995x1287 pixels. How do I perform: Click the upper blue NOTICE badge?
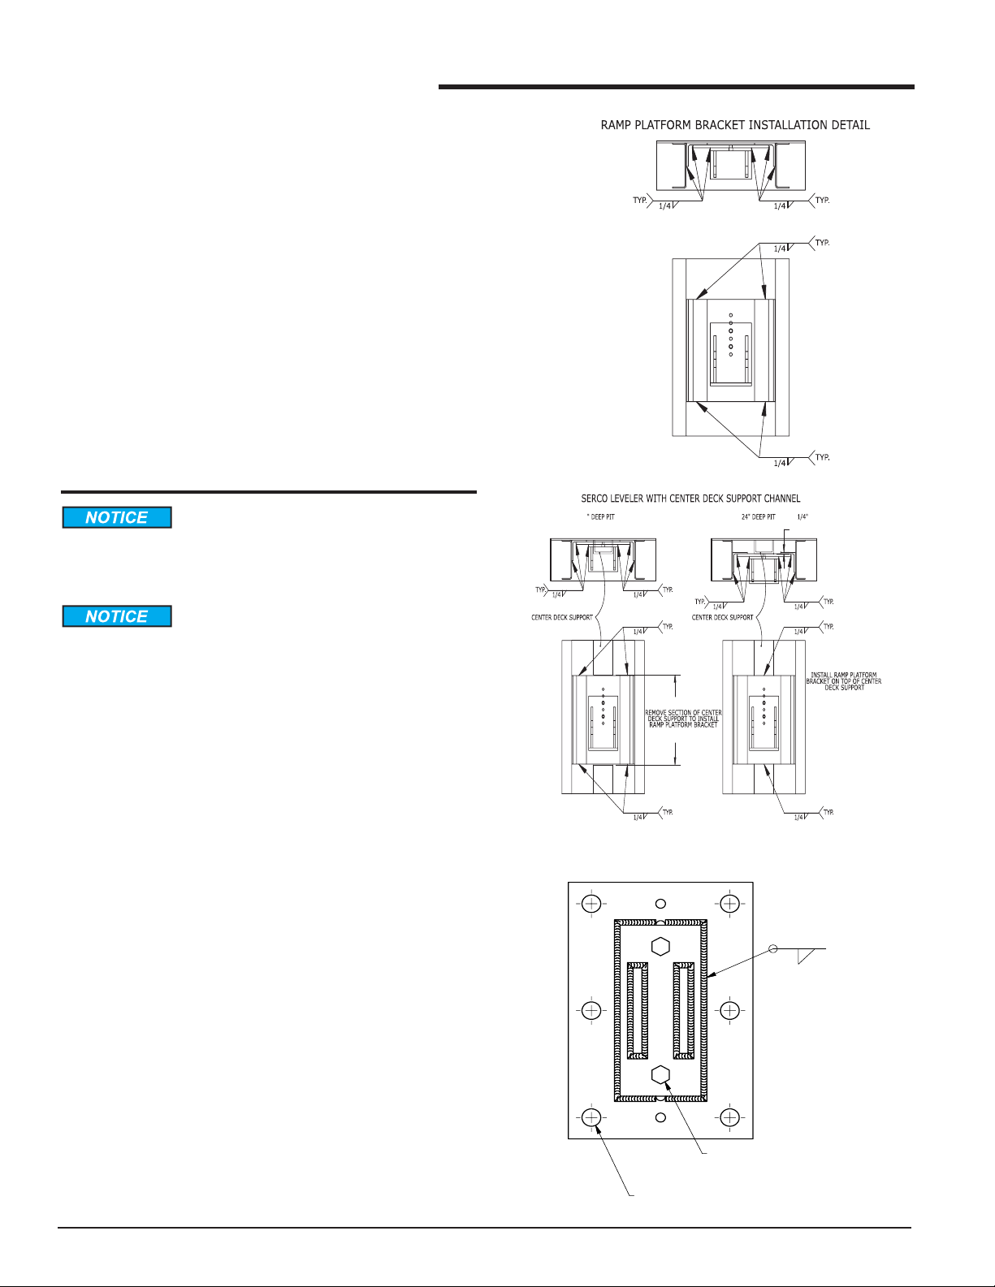[117, 517]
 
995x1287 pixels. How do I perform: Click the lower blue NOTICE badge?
[117, 616]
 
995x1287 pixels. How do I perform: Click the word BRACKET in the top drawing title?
[730, 125]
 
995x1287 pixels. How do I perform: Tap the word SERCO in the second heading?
[597, 499]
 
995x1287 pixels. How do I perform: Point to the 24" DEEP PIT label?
[758, 516]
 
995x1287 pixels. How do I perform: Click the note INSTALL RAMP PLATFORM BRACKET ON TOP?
[843, 681]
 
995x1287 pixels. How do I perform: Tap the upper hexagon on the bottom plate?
[660, 945]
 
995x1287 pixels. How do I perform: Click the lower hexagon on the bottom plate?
[660, 1075]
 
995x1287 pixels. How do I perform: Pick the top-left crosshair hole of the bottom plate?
[591, 904]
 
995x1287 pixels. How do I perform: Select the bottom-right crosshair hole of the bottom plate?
[729, 1118]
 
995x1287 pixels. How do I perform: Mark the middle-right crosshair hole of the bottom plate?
[729, 1010]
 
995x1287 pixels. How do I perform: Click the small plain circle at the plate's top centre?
[660, 904]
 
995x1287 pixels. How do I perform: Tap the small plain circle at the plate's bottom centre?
[660, 1118]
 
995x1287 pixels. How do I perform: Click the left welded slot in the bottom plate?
[638, 1010]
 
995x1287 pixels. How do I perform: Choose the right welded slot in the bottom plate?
[684, 1010]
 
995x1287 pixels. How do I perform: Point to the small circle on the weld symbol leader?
[773, 948]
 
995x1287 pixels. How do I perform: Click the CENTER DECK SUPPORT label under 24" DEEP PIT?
[722, 617]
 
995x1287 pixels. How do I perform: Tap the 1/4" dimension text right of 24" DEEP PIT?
[802, 516]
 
